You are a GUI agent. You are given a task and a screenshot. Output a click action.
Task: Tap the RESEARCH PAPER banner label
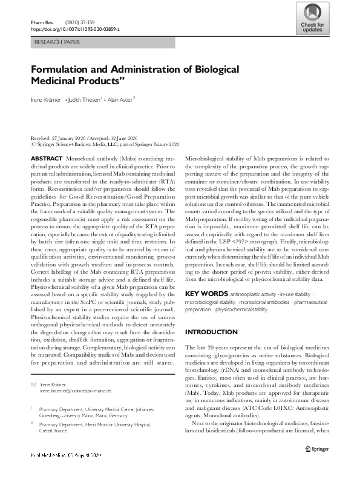58,43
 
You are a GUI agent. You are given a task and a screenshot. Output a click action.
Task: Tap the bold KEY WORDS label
206,294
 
